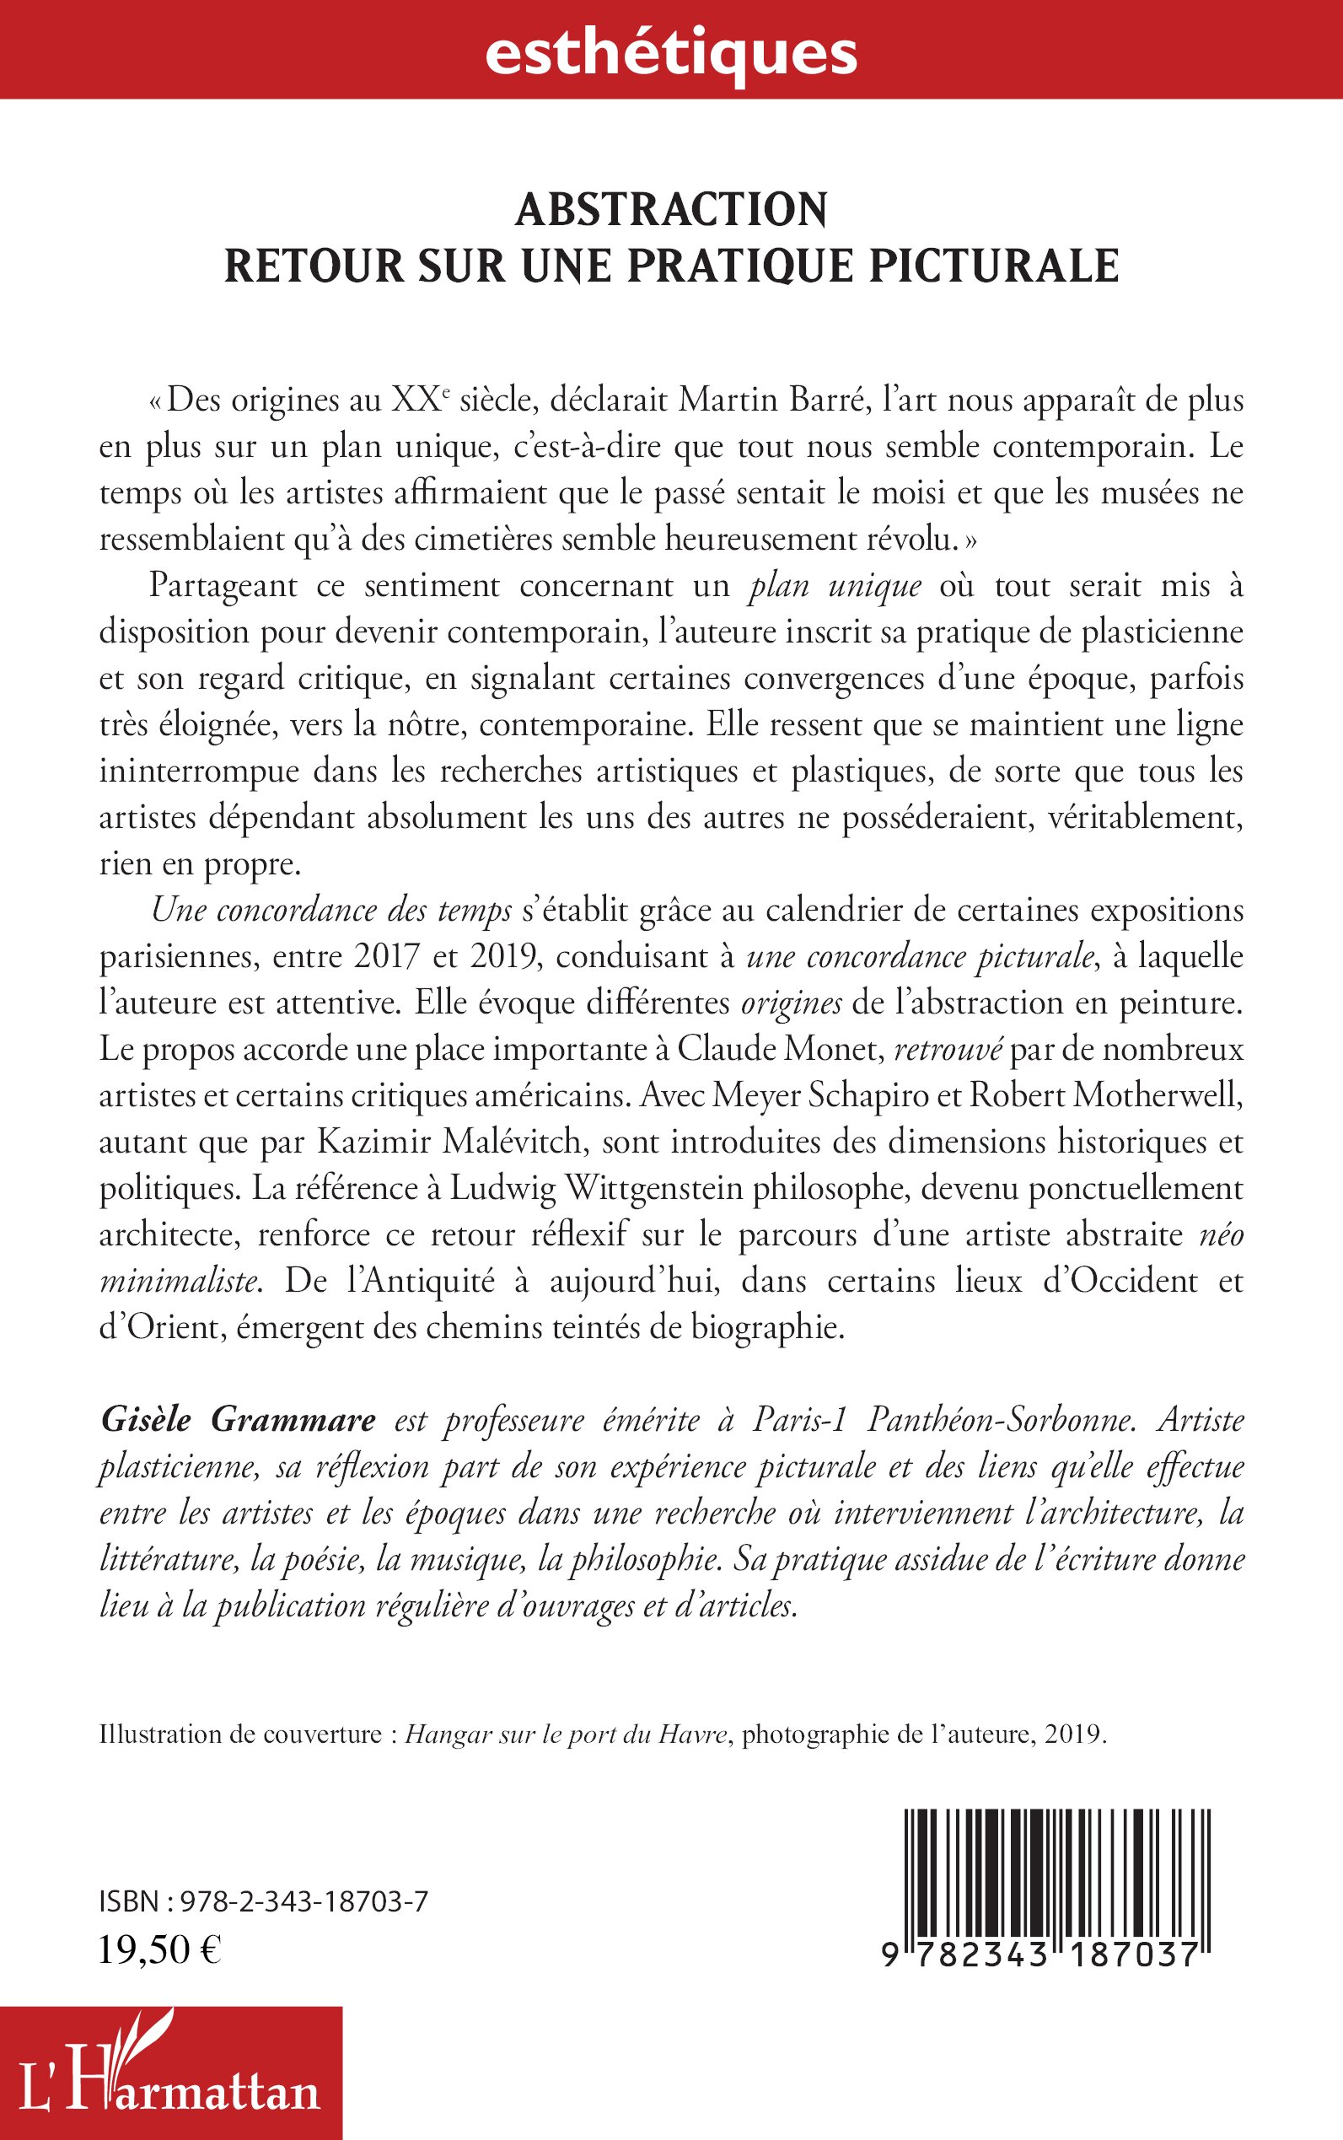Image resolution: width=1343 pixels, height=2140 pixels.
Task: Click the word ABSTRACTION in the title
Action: tap(671, 211)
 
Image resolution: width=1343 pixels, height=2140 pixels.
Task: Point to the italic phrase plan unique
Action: tap(834, 586)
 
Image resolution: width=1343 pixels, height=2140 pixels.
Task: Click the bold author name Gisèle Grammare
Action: tap(238, 1420)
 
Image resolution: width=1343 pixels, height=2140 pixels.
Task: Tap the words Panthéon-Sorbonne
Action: tap(1000, 1420)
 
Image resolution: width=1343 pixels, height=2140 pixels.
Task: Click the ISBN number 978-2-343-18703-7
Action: tap(304, 1902)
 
